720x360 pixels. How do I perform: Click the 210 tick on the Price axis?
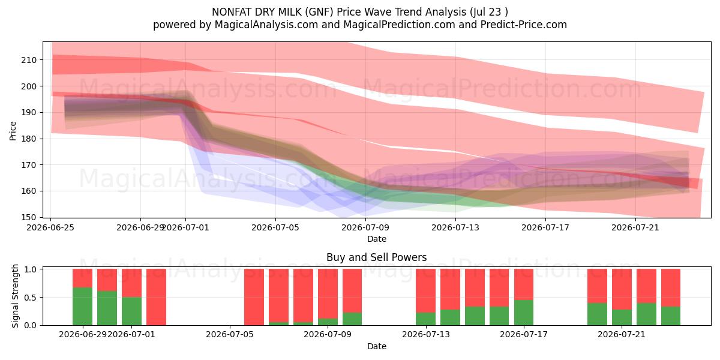29,60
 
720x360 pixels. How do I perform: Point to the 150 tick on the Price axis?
29,217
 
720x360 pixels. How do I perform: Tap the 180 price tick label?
29,139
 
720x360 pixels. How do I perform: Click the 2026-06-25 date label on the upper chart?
50,227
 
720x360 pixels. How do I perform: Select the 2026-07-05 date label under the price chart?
275,227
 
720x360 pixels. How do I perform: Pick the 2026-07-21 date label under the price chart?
635,227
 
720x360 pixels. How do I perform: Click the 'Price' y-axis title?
13,131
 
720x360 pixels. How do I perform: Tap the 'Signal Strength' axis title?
15,296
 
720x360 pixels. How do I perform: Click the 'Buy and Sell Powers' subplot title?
376,257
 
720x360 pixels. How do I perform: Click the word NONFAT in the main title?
232,12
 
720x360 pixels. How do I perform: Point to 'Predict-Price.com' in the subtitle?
524,25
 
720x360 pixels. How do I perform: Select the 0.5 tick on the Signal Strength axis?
30,298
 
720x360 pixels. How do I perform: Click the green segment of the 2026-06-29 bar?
83,307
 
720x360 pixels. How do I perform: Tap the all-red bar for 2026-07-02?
156,297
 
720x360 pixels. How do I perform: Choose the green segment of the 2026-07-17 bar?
524,313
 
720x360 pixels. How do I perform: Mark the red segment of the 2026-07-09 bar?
352,291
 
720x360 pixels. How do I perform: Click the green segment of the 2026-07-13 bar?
425,319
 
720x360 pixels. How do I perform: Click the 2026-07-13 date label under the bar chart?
426,335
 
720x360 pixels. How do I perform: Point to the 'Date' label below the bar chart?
377,347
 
